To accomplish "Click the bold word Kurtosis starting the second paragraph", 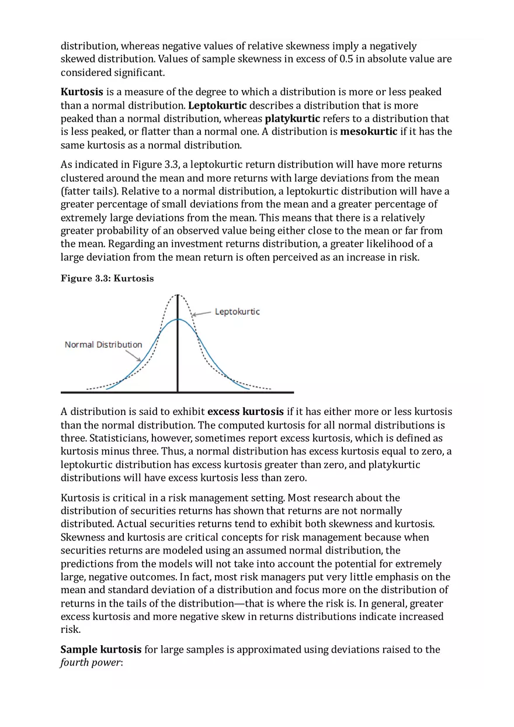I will pyautogui.click(x=82, y=92).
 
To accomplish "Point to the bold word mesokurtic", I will pyautogui.click(x=369, y=131).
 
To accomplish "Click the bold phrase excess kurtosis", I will pyautogui.click(x=245, y=411).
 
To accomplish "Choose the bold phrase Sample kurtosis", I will pyautogui.click(x=101, y=649).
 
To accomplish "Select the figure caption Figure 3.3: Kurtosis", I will pyautogui.click(x=107, y=278).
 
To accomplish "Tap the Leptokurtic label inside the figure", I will pyautogui.click(x=237, y=311).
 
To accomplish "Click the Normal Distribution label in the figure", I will pyautogui.click(x=103, y=344).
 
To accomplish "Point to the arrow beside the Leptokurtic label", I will pyautogui.click(x=202, y=314).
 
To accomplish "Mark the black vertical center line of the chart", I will pyautogui.click(x=178, y=351).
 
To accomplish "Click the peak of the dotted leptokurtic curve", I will pyautogui.click(x=178, y=295).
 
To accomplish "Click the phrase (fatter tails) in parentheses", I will pyautogui.click(x=89, y=191).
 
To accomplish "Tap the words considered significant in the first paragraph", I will pyautogui.click(x=113, y=72).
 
